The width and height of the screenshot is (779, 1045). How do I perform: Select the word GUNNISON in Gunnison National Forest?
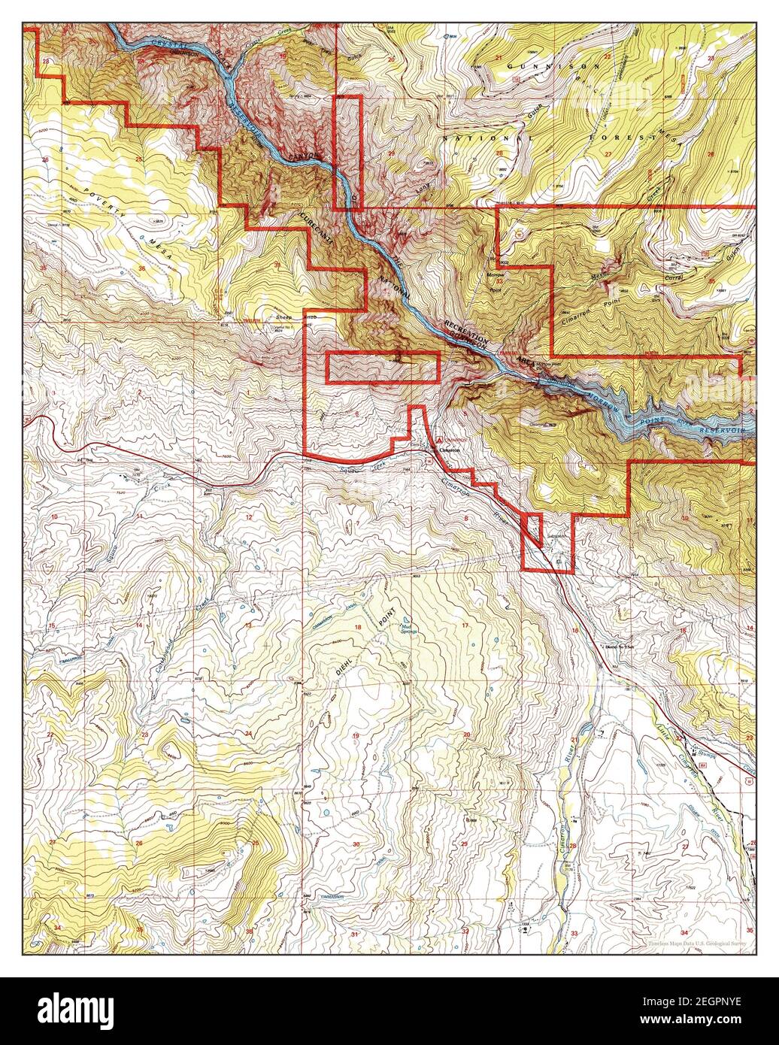(x=553, y=66)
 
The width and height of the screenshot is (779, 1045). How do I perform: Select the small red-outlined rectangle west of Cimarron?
(x=383, y=367)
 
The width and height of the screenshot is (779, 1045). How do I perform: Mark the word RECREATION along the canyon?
(x=466, y=332)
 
